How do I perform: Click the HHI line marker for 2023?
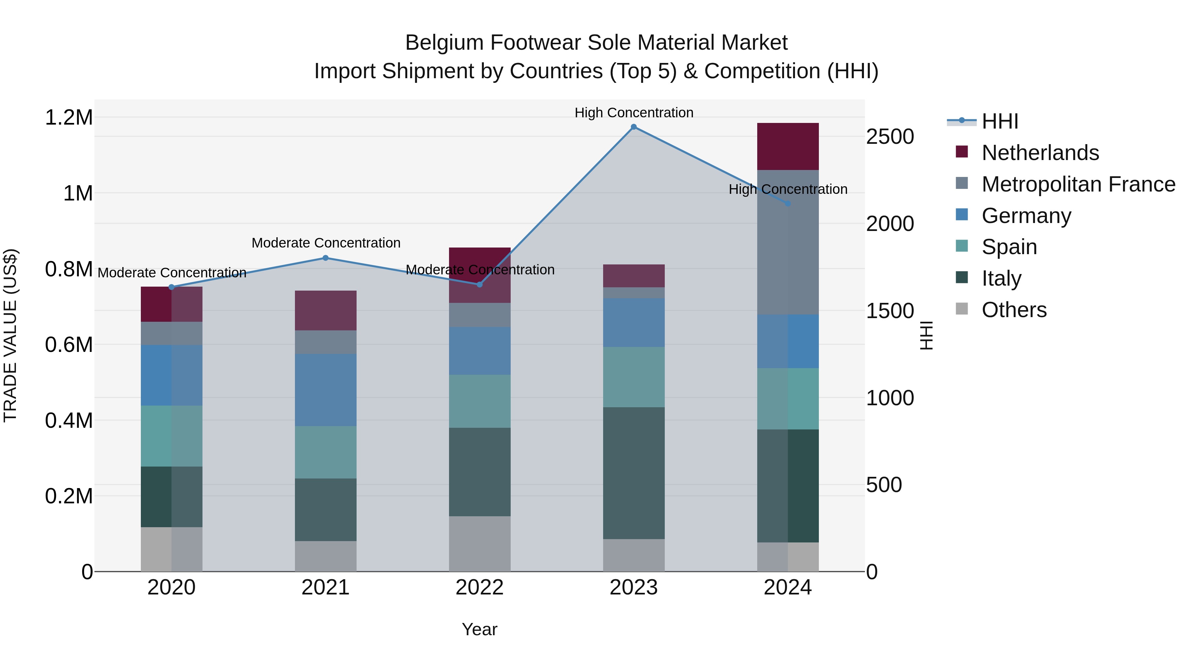pos(634,127)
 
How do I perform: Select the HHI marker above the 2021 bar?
pos(325,258)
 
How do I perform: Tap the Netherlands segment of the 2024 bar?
pos(788,146)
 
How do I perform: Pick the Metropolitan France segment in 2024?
pos(788,242)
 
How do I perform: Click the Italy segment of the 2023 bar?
pos(634,473)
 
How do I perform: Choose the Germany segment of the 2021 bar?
pos(325,390)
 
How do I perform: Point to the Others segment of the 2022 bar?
pos(480,544)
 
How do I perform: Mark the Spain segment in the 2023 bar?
pos(634,377)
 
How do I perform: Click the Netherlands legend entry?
pos(1040,153)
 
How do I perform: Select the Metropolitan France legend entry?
pos(1078,184)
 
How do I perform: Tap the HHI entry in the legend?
pos(999,121)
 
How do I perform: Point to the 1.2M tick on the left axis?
pos(69,118)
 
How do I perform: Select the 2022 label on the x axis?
pos(480,587)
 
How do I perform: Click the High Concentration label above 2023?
pos(634,113)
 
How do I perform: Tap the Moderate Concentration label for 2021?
pos(325,243)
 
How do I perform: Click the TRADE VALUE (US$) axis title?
pos(11,335)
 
